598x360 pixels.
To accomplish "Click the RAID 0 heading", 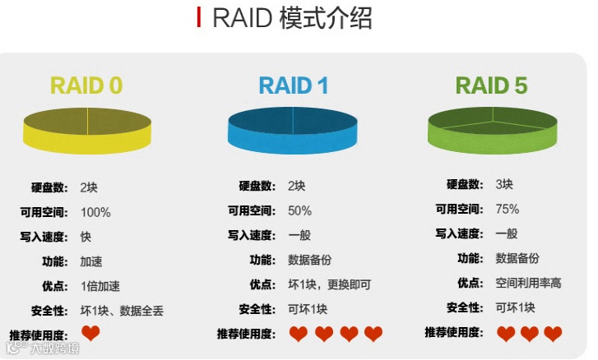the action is [86, 85].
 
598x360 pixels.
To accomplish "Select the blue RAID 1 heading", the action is [294, 85].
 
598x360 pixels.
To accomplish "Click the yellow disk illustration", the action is [87, 132].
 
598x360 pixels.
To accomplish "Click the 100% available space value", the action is [95, 212].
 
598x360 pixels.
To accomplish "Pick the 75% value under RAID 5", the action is [507, 209].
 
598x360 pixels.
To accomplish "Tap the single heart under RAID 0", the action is [90, 333].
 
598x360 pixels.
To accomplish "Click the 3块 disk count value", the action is [504, 184].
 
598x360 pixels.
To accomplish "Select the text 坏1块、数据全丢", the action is [122, 311].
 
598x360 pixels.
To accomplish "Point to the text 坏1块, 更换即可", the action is [329, 284].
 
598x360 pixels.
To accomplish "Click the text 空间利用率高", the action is [528, 283].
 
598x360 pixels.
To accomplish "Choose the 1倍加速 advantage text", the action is [100, 286].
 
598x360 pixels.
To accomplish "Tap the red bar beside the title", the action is [198, 18].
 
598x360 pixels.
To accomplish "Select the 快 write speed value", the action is [86, 237].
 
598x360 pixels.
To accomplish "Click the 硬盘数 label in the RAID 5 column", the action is [464, 184].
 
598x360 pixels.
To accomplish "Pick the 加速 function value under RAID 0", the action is [91, 261].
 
